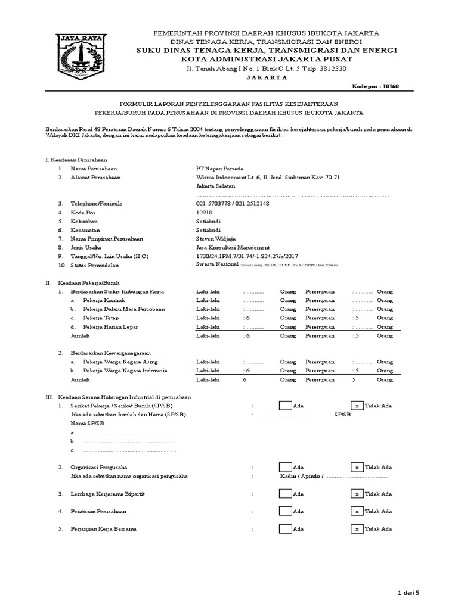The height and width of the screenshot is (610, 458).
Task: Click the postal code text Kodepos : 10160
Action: [373, 86]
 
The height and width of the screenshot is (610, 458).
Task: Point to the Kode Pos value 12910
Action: [204, 212]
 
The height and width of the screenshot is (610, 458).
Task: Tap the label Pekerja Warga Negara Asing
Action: [117, 362]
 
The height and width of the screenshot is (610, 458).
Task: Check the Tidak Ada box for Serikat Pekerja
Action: [357, 406]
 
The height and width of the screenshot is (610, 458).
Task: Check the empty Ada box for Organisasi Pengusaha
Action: [286, 468]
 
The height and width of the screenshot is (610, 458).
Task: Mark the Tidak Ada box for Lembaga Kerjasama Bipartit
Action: [357, 494]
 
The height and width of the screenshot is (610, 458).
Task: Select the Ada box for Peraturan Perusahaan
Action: [286, 511]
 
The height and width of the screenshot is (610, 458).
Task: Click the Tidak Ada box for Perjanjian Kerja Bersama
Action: [357, 529]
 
